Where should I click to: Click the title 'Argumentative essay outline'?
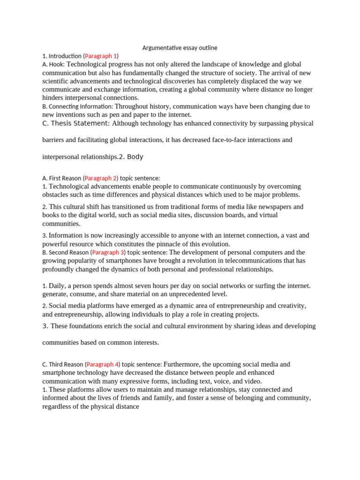180,48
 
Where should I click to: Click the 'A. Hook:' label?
54,64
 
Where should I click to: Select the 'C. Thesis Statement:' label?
76,123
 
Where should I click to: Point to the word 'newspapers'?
275,207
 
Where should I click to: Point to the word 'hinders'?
53,98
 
